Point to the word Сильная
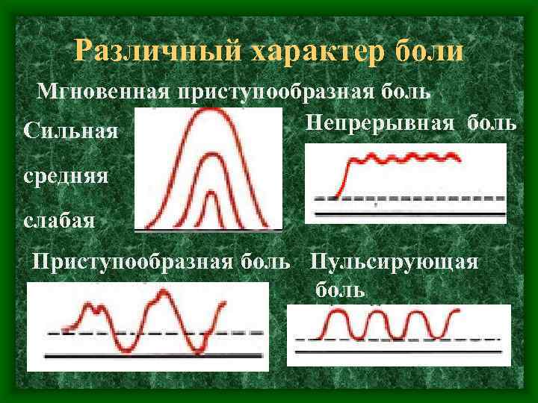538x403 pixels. [70, 133]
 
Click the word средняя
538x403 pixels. [67, 177]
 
